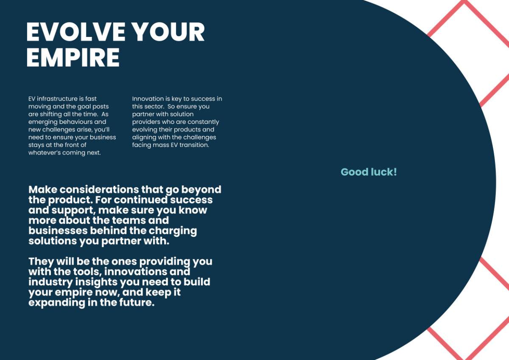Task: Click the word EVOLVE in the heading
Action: (x=76, y=32)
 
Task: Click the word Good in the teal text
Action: (x=354, y=172)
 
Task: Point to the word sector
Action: (x=154, y=107)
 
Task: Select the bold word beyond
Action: (x=201, y=190)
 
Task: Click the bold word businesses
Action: (x=58, y=231)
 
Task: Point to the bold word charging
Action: (x=173, y=231)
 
